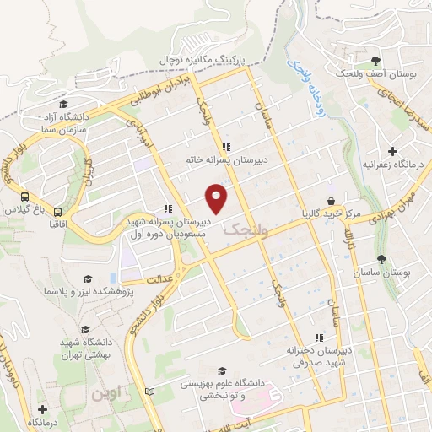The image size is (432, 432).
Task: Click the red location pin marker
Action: pyautogui.click(x=218, y=197)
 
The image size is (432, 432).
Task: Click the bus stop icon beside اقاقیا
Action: pyautogui.click(x=58, y=212)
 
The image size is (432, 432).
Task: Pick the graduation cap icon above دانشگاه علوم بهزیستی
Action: pyautogui.click(x=222, y=370)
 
